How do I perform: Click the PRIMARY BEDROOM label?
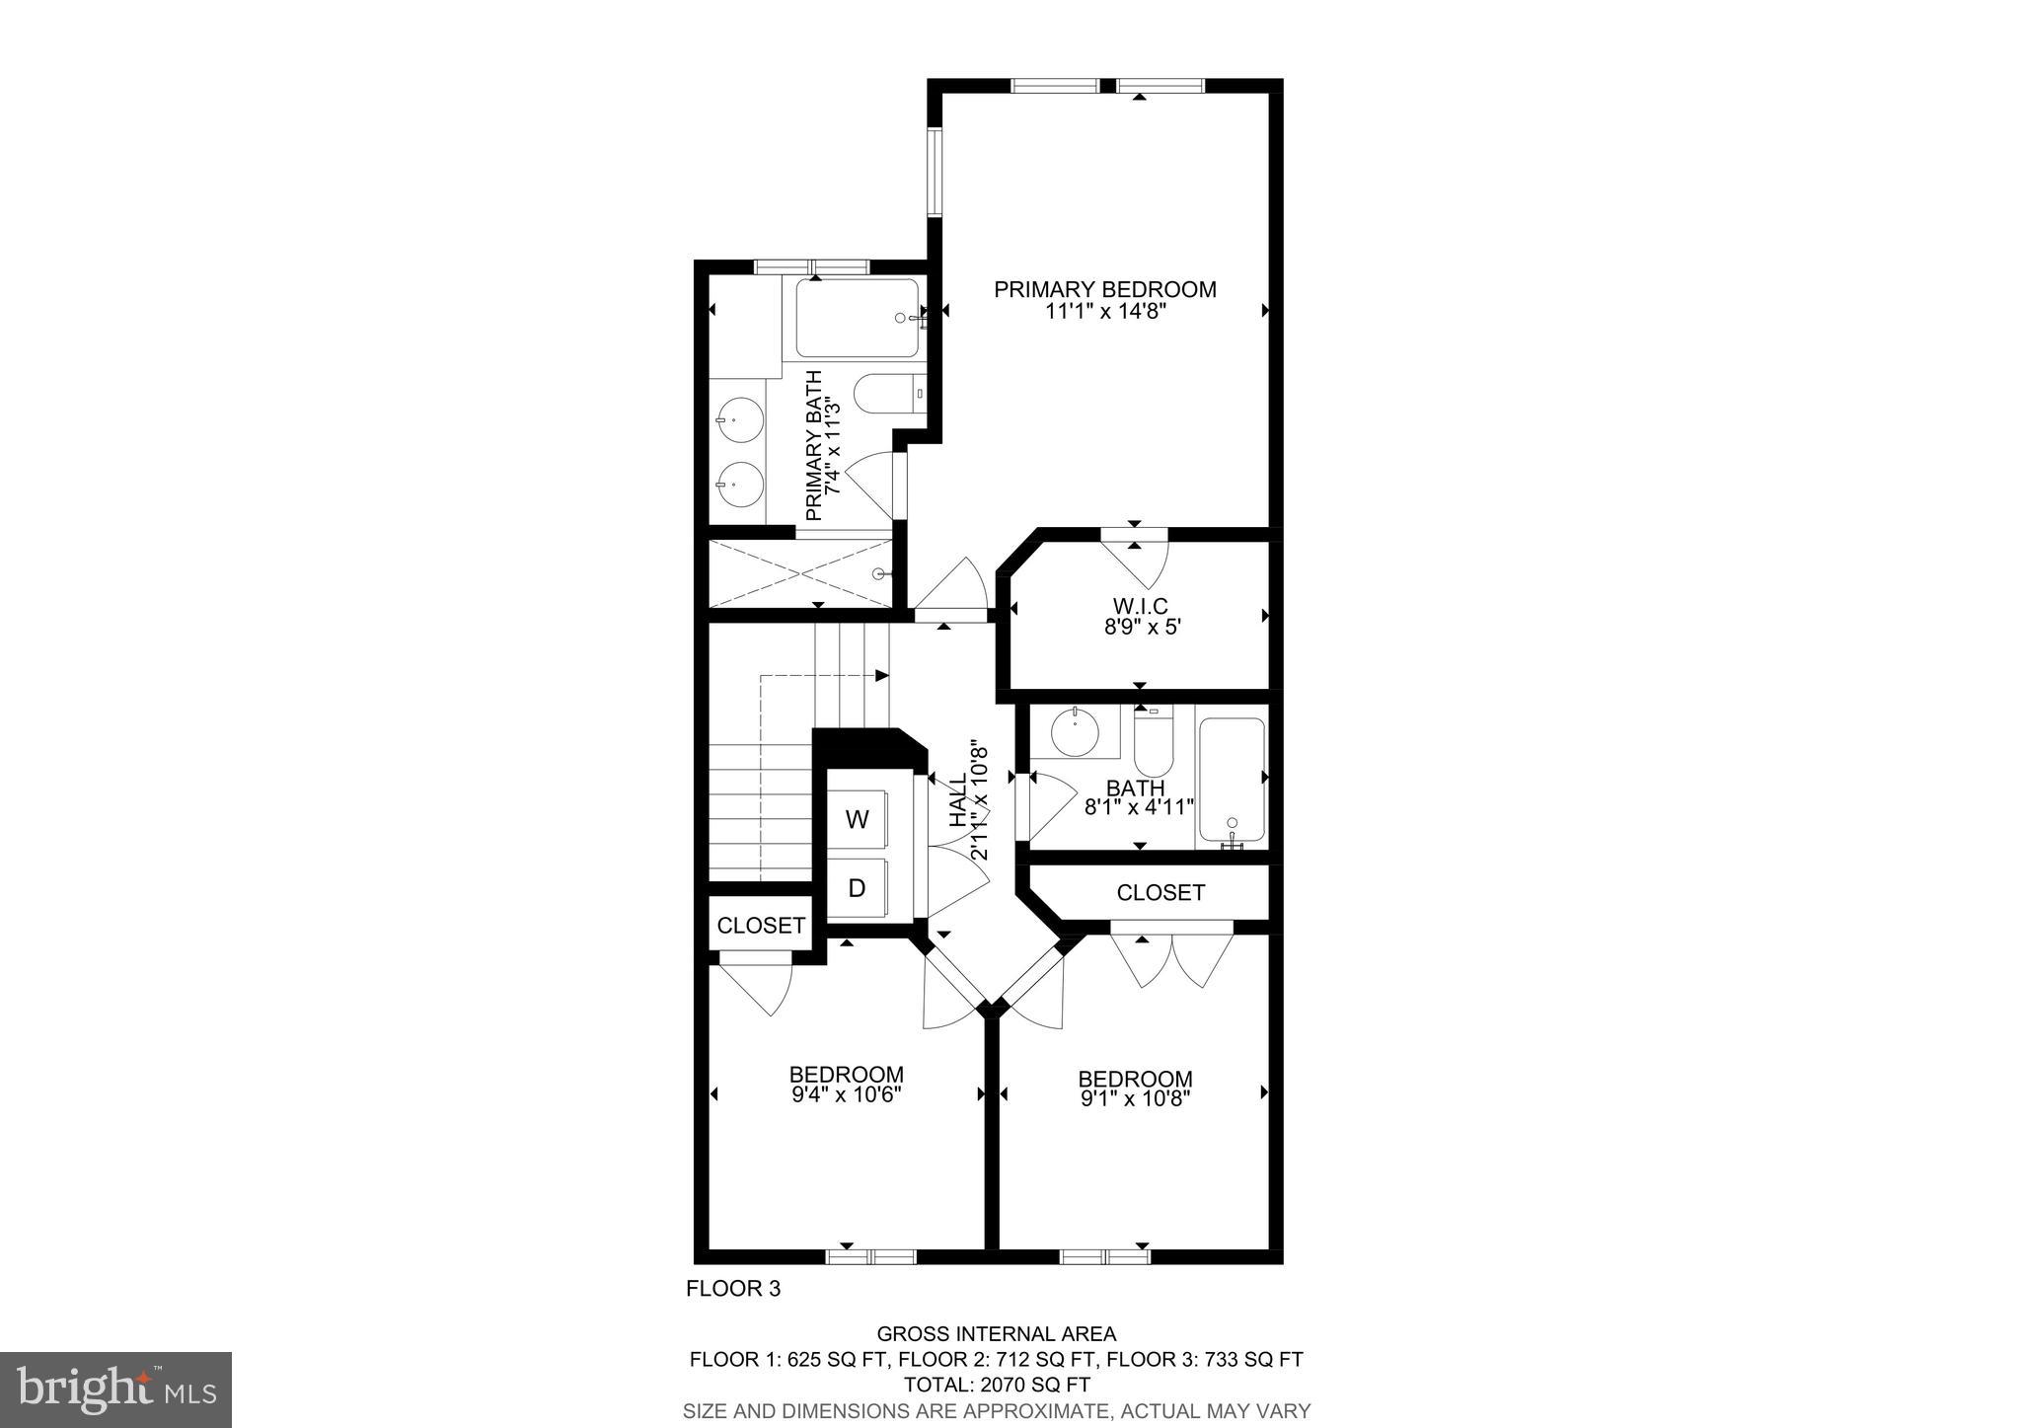point(1104,290)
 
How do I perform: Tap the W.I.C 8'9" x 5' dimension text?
point(1142,626)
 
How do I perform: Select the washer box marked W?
point(858,819)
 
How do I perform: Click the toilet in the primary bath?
point(886,395)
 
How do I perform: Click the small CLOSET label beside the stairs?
point(761,926)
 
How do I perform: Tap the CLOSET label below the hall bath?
point(1160,893)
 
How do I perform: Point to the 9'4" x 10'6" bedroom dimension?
point(847,1094)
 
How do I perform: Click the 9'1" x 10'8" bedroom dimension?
point(1135,1096)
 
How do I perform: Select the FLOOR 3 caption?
point(733,1289)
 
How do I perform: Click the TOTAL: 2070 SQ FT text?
point(996,1385)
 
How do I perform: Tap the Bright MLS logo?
point(115,1390)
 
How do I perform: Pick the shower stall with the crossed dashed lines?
point(799,573)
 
